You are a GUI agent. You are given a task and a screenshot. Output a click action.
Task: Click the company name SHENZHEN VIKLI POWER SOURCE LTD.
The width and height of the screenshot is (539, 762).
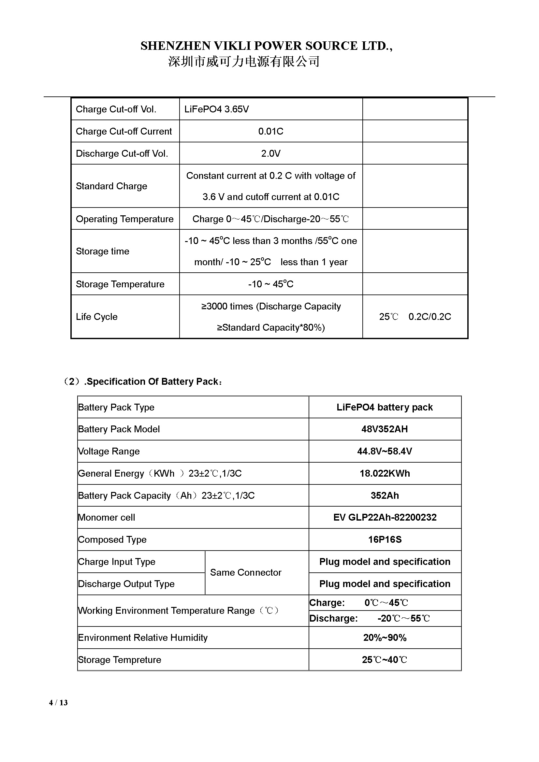[x=266, y=46]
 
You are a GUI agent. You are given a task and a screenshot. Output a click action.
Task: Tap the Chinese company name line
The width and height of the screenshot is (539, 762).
[x=244, y=62]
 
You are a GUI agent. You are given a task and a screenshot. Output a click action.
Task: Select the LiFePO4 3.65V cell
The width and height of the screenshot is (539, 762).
[x=216, y=109]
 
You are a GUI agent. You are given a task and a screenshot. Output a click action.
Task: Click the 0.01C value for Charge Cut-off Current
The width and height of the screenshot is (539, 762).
[x=270, y=131]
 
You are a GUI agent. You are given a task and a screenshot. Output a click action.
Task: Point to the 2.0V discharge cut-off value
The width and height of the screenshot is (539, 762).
[x=270, y=153]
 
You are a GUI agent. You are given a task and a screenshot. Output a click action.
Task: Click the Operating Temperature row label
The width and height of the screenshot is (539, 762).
[x=124, y=219]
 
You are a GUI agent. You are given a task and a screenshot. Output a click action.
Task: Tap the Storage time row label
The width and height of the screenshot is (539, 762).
[x=102, y=251]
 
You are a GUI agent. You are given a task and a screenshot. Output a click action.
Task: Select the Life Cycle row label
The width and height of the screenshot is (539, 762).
[x=96, y=317]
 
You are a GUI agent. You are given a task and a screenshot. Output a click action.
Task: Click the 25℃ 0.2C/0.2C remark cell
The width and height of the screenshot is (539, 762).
[x=415, y=317]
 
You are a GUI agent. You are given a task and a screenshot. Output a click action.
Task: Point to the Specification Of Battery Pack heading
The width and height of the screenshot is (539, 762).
[x=143, y=382]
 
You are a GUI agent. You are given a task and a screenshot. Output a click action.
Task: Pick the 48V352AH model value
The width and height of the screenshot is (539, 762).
[x=384, y=429]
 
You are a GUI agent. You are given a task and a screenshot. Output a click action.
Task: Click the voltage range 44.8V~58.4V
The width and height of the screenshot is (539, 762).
[x=384, y=451]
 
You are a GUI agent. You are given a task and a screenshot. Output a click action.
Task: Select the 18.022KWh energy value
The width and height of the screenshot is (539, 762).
[x=384, y=473]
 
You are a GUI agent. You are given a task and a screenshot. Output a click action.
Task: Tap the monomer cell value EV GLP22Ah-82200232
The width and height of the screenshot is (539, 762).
[x=385, y=517]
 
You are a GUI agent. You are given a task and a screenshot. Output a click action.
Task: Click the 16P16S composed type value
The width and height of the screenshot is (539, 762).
[x=385, y=539]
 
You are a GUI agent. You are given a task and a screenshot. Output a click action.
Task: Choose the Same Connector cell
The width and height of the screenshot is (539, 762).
[x=246, y=572]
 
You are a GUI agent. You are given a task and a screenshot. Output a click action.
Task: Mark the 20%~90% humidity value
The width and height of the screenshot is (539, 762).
[x=385, y=638]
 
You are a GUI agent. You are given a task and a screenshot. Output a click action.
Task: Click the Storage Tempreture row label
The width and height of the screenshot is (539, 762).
[x=120, y=660]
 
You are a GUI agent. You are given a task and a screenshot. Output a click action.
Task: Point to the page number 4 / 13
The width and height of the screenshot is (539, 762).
[x=58, y=703]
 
